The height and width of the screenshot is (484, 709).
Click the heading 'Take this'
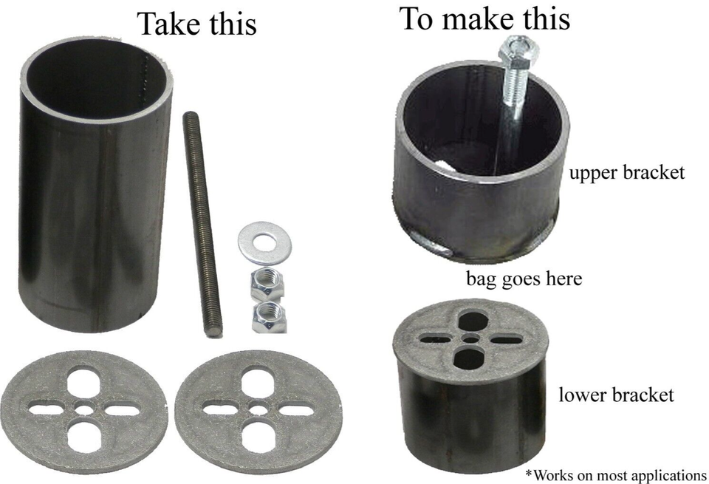pos(197,24)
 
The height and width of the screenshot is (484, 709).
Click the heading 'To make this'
pos(484,20)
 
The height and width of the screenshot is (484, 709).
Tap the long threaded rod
pos(201,222)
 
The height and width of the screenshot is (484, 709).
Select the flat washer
pos(264,242)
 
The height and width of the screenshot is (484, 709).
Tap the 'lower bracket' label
pos(616,395)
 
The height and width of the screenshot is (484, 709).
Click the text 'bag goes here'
pos(524,279)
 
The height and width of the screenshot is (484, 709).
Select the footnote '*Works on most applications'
pos(614,474)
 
